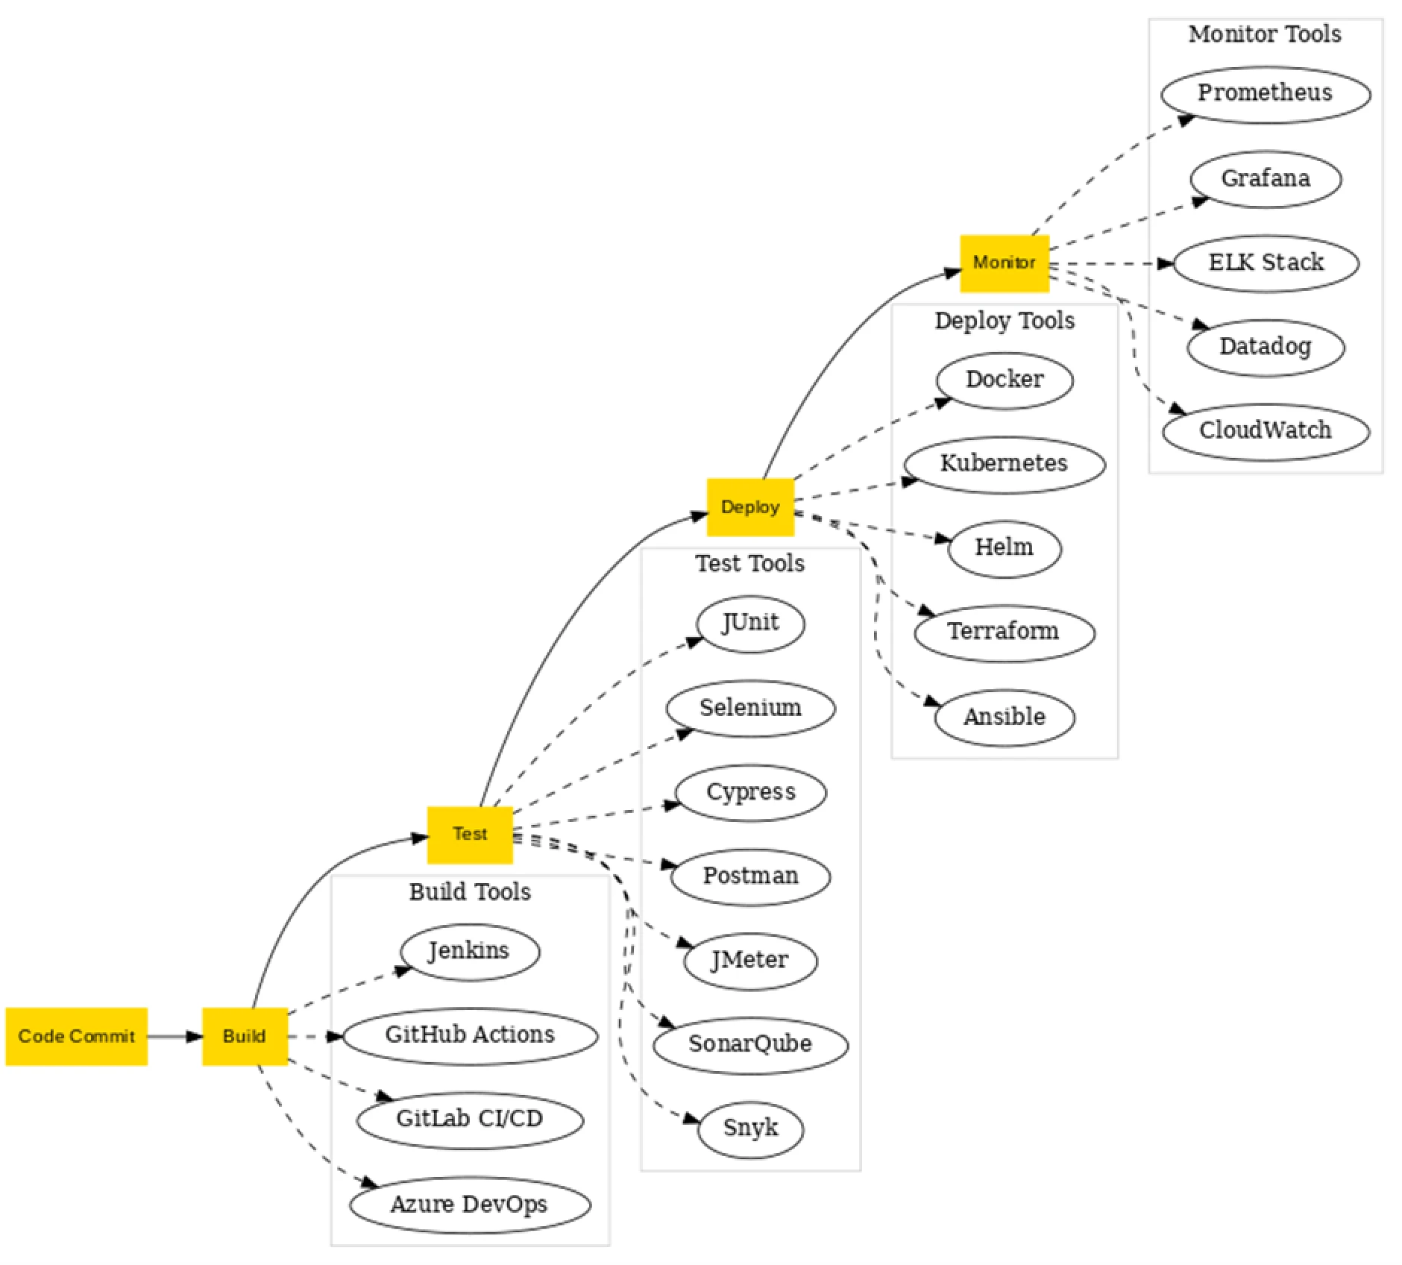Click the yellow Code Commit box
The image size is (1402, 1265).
[x=76, y=1036]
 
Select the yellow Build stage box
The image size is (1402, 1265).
[x=245, y=1036]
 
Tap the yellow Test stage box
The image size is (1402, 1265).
[x=470, y=834]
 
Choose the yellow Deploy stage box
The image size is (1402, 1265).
[x=750, y=507]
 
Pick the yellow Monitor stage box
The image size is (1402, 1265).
[x=1004, y=263]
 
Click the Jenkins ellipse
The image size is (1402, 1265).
[x=469, y=951]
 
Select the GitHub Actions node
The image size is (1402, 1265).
[x=470, y=1035]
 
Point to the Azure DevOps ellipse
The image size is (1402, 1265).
[x=470, y=1205]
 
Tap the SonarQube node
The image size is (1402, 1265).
[x=750, y=1043]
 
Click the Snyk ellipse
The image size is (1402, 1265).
[x=750, y=1128]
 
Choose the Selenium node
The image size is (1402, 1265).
[x=750, y=708]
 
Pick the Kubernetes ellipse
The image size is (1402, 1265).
[x=1004, y=464]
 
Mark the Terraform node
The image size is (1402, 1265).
[x=1004, y=632]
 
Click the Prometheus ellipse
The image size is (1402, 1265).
[x=1265, y=93]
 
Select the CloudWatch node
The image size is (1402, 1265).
[x=1265, y=431]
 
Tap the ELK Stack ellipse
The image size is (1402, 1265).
[x=1265, y=263]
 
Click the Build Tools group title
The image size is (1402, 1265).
[x=470, y=892]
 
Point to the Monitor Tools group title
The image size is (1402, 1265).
[x=1265, y=34]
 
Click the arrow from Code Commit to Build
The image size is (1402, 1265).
[x=175, y=1036]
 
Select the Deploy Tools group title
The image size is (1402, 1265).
[x=1004, y=321]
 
